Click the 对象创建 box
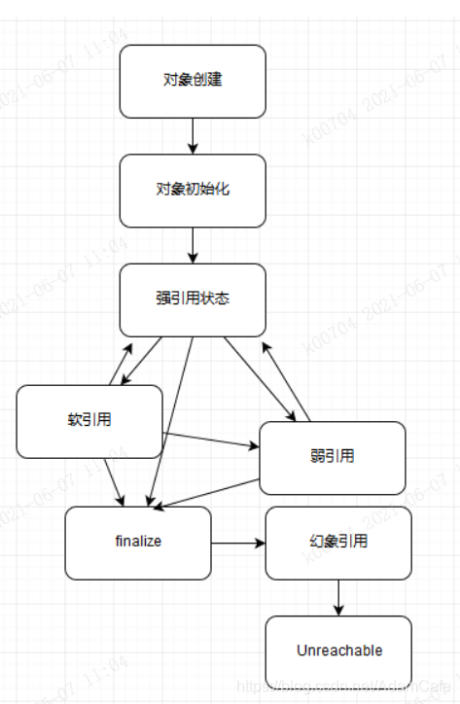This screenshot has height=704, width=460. pos(192,81)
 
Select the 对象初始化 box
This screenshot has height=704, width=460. pos(192,191)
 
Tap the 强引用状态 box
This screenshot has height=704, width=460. pos(192,299)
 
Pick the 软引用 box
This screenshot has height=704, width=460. pos(88,421)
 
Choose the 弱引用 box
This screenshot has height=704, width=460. pos(332,457)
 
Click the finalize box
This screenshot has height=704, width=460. pos(137,543)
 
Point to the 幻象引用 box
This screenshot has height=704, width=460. pos(337,543)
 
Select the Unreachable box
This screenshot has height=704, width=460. pos(337,651)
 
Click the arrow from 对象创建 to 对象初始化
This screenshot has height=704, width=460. pos(193,136)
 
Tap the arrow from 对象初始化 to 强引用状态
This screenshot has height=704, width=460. pos(193,245)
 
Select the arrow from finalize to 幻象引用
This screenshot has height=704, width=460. pos(238,543)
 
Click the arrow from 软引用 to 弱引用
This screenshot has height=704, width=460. pos(210,440)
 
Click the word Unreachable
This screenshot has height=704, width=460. pos(338,651)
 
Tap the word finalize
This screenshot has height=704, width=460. pos(137,542)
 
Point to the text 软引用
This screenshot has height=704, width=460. pos(88,420)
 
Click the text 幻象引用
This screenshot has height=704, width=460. pos(337,542)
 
